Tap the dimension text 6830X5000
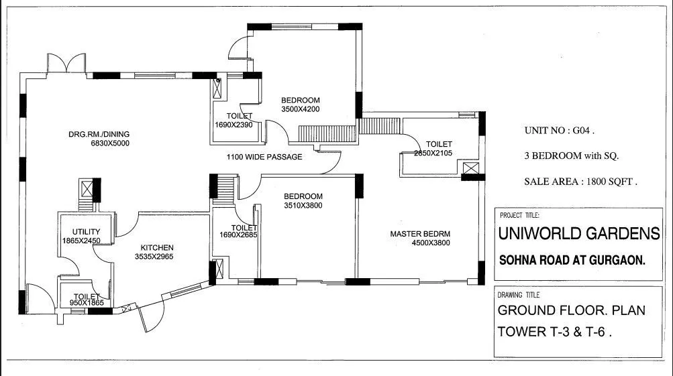110,143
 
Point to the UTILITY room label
67,232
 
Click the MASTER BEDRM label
420,234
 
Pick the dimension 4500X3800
431,243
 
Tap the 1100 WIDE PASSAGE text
264,157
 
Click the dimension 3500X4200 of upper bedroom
301,109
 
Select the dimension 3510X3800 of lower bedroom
303,206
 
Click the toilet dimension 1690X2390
234,125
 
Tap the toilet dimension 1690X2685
239,235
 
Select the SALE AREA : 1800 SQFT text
580,181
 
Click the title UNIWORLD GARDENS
578,234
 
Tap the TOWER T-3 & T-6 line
554,331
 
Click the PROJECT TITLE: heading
519,216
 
